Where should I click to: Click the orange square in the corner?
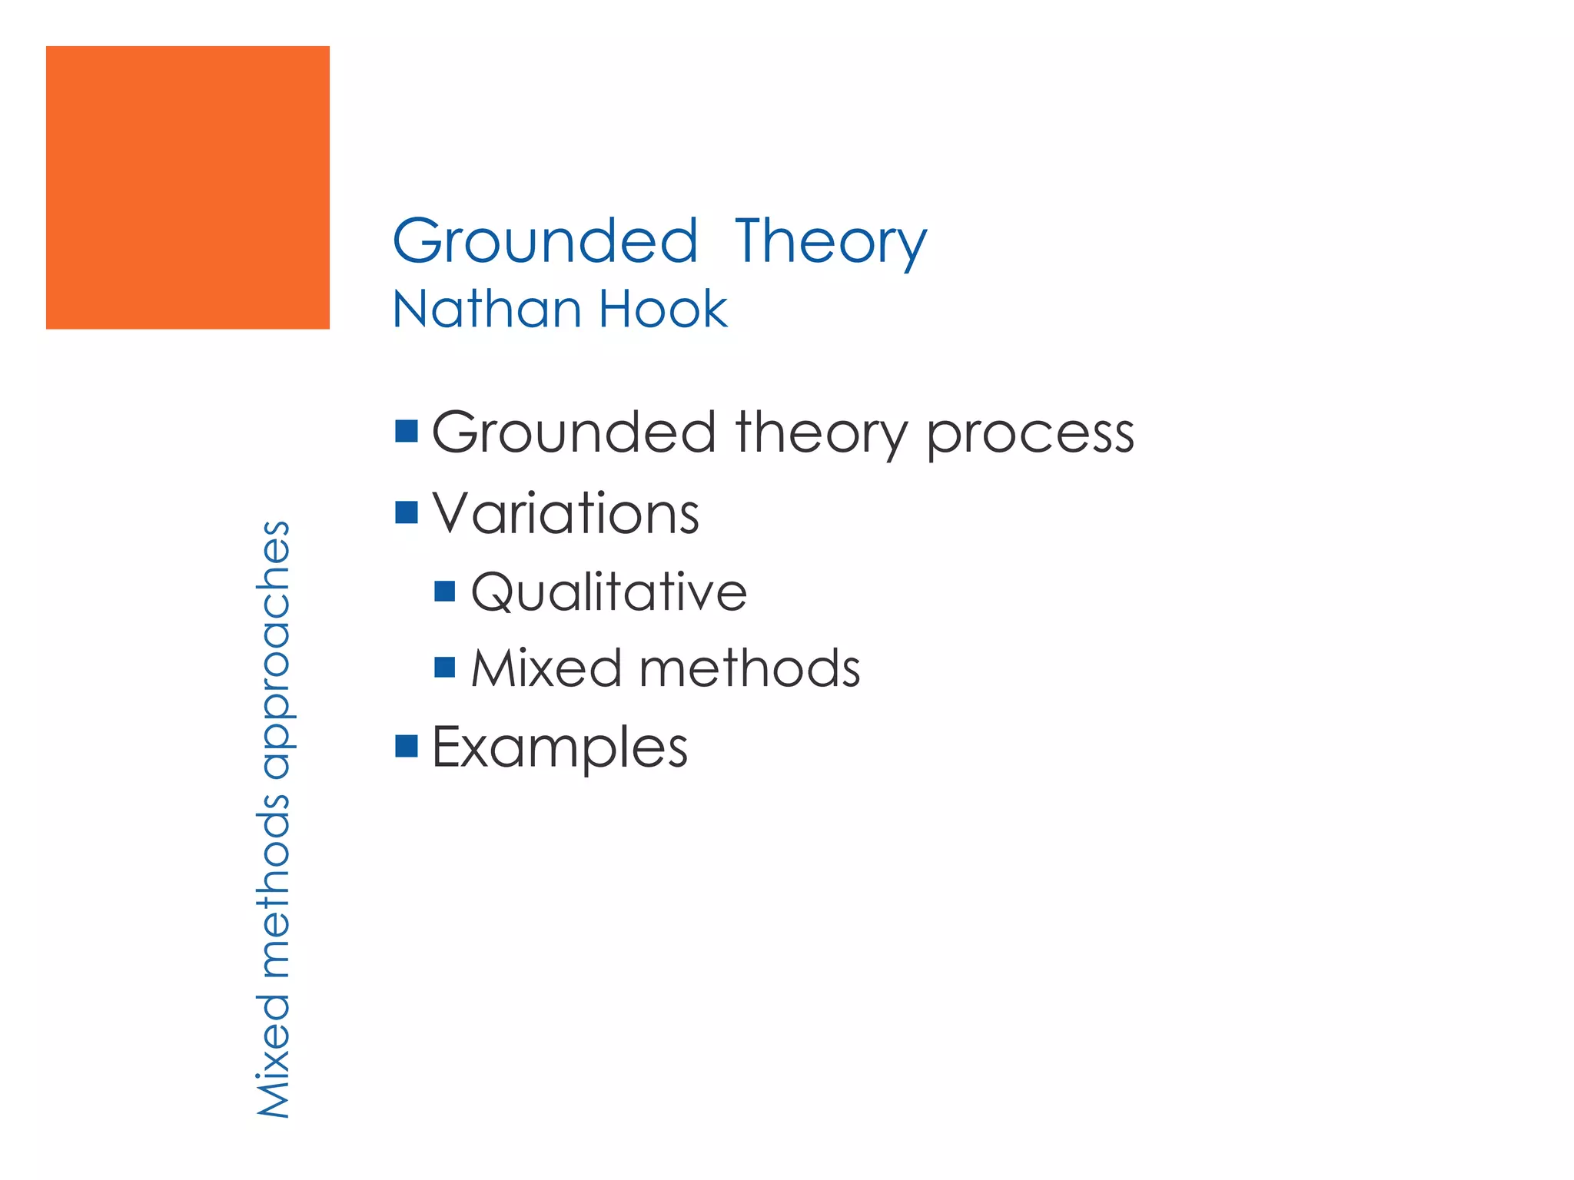click(188, 187)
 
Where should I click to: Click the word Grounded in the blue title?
click(545, 240)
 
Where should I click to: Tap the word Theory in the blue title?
click(831, 242)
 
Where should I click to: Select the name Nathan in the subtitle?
click(486, 309)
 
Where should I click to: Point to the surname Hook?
click(662, 309)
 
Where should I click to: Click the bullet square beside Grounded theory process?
click(407, 432)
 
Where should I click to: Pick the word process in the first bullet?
click(1030, 434)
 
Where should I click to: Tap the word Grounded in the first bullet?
click(574, 432)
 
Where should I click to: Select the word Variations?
click(566, 512)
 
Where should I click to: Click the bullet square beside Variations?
click(407, 512)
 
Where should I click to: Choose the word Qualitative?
click(609, 592)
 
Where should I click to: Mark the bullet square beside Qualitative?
click(445, 591)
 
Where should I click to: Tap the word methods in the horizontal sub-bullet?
click(749, 668)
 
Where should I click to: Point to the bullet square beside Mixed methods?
click(445, 667)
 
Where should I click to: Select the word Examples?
click(560, 747)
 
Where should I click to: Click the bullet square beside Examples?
click(407, 746)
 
